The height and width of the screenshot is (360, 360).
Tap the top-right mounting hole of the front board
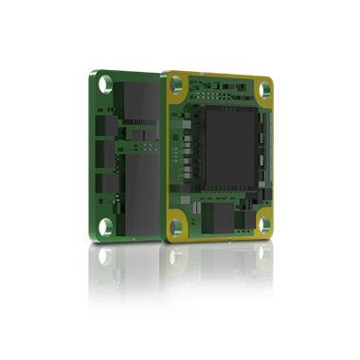click(262, 90)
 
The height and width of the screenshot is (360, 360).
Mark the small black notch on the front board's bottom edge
click(231, 242)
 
